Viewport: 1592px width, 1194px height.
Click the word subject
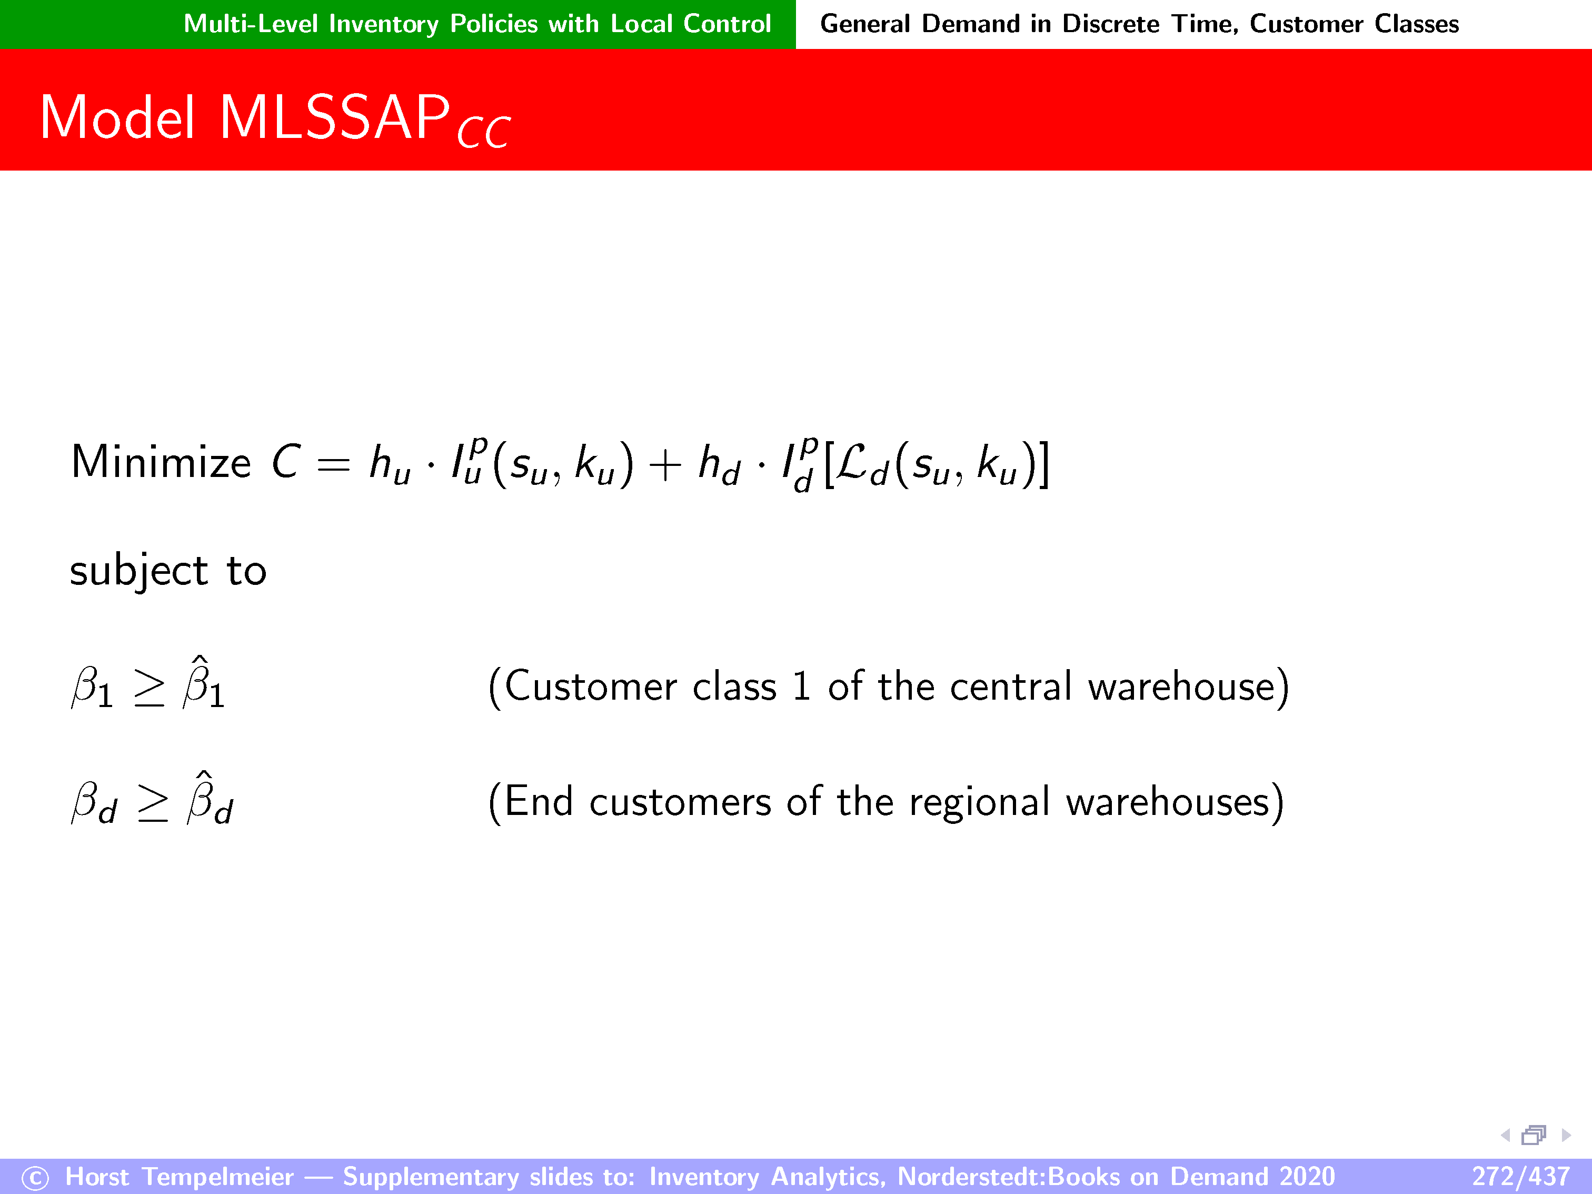(x=139, y=571)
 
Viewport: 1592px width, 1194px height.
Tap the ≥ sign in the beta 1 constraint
(x=150, y=690)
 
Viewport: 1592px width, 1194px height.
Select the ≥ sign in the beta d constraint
(x=153, y=804)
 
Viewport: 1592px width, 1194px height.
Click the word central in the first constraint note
(x=1011, y=686)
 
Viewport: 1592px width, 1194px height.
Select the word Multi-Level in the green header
(x=251, y=24)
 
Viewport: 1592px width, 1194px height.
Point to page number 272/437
(x=1520, y=1176)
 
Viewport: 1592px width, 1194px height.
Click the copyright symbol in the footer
(x=35, y=1178)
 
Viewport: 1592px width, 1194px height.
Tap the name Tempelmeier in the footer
(x=218, y=1176)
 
